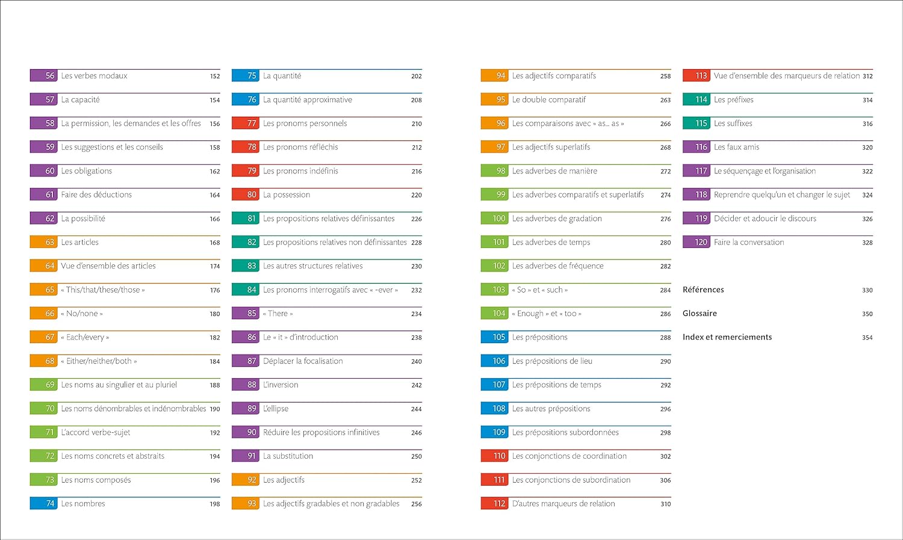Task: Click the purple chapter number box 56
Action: coord(43,76)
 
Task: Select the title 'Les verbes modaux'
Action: coord(94,76)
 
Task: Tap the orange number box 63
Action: coord(43,242)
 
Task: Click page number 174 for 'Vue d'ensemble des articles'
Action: coord(215,266)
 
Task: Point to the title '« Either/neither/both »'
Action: coord(99,361)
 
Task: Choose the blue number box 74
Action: coord(43,503)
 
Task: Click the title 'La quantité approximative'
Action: coord(307,100)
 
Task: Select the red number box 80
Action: coord(245,194)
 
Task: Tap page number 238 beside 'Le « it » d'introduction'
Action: coord(417,338)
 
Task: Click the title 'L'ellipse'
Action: coord(276,409)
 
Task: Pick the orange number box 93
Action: coord(245,503)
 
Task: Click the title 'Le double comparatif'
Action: coord(548,100)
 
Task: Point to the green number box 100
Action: coord(494,219)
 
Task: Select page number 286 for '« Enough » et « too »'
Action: coord(665,314)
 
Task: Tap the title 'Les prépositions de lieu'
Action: coord(552,361)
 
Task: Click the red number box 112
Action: coord(494,503)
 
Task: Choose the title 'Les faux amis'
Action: coord(736,147)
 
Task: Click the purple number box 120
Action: coord(696,242)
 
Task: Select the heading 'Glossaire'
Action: coord(700,314)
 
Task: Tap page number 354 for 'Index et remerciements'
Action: coord(867,338)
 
